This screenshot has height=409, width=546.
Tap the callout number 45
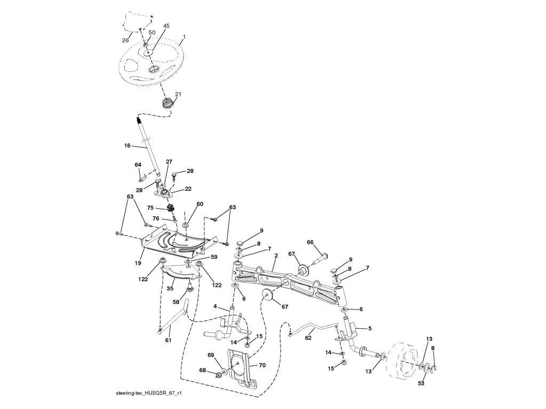pos(166,26)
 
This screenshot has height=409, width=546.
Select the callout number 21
pos(178,94)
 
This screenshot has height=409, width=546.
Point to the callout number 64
pos(138,165)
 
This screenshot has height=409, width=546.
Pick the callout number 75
pos(150,208)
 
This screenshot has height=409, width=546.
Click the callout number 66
pos(310,242)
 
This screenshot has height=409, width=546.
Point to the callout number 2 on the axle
pos(276,256)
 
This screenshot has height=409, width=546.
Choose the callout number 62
pos(308,338)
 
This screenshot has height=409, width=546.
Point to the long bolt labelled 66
pos(320,258)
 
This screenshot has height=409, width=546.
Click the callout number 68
pos(203,370)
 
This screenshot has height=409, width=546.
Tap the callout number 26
pos(125,40)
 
